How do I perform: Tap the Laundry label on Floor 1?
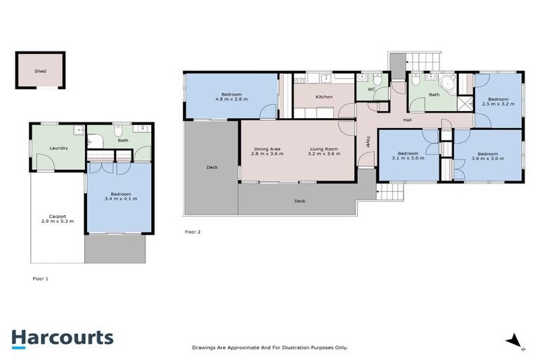coord(58,148)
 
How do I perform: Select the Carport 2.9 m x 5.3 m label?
coord(57,219)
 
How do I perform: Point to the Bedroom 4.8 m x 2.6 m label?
coord(232,97)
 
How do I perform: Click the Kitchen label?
coord(323,96)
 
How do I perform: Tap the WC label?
coord(371,90)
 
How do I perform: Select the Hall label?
coord(407,120)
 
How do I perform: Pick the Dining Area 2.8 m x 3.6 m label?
coord(268,151)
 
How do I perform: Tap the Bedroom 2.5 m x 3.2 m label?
coord(498,102)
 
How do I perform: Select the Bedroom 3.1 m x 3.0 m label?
coord(408,155)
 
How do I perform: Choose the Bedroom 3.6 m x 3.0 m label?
coord(487,156)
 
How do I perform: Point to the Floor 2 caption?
coord(193,231)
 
